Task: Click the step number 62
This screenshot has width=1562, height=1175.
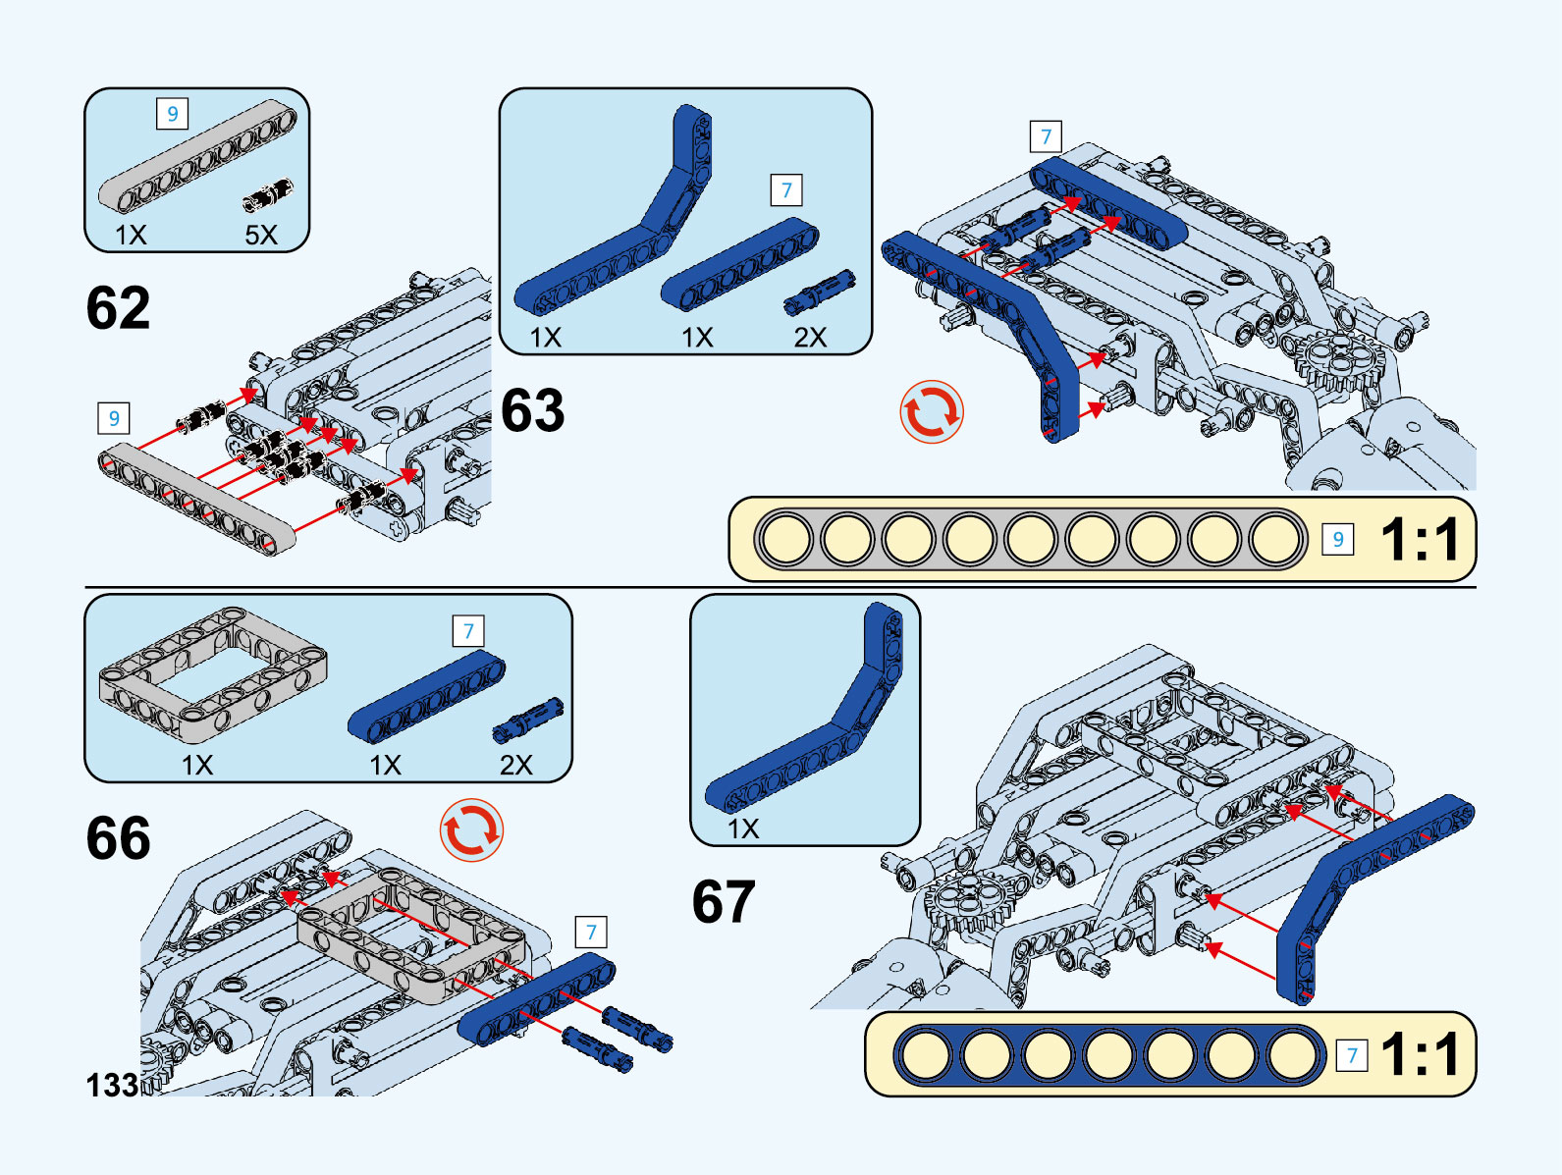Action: pos(119,308)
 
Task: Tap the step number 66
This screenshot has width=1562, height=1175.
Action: pos(119,838)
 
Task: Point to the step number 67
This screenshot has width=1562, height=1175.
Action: pos(724,902)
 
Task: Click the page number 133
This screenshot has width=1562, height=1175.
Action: pos(112,1086)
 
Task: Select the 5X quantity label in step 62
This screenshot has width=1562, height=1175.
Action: pos(261,235)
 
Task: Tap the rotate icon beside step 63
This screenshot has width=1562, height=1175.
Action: pos(932,412)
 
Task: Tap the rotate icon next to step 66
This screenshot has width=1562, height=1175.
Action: pos(471,830)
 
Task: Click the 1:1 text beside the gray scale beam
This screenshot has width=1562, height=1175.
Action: pos(1420,540)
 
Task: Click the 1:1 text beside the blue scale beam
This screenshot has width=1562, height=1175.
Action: pos(1420,1055)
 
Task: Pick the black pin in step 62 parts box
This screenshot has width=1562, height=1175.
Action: pos(268,194)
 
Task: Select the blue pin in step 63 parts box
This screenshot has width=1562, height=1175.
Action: pos(820,292)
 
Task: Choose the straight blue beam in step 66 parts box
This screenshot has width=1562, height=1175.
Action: pos(427,699)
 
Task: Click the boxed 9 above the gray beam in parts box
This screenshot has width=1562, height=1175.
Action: pos(173,114)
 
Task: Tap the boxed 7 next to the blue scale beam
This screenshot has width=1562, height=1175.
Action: pos(1352,1055)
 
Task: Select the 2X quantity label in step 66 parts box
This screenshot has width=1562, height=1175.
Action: pos(515,765)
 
